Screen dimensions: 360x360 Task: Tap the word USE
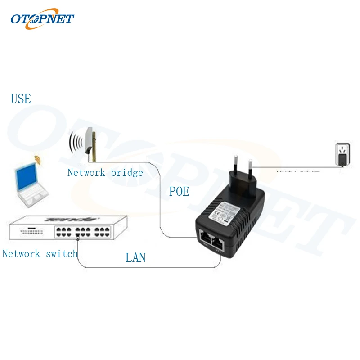pyautogui.click(x=21, y=99)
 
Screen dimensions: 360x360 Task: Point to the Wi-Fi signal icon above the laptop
pyautogui.click(x=37, y=160)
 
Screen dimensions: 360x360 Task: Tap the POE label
pyautogui.click(x=179, y=192)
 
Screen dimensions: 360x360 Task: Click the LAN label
pyautogui.click(x=135, y=258)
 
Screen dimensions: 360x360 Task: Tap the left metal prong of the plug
pyautogui.click(x=234, y=164)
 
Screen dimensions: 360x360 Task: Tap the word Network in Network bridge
pyautogui.click(x=86, y=173)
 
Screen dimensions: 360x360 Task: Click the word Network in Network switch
pyautogui.click(x=21, y=254)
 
